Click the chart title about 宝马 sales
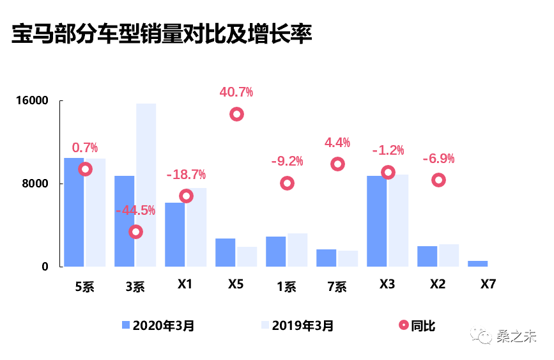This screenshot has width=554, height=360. [x=162, y=35]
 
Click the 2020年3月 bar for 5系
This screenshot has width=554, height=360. [x=74, y=212]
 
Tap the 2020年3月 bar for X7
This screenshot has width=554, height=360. [x=477, y=263]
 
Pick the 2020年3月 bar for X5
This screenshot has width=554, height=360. [x=225, y=252]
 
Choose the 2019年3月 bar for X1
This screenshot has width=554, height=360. [x=196, y=227]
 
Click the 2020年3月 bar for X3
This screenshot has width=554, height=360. [x=377, y=221]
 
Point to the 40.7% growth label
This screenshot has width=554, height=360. [x=236, y=92]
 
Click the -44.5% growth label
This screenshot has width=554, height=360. [x=135, y=210]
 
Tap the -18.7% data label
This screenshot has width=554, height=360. [x=186, y=175]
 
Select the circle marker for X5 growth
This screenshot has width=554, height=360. [x=236, y=114]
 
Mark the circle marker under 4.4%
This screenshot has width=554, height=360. [x=337, y=164]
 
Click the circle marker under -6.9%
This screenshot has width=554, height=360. [x=438, y=180]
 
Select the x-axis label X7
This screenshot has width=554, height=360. [x=488, y=285]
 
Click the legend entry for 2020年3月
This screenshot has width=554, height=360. [x=158, y=325]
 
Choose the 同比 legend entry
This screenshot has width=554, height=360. [x=416, y=325]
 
